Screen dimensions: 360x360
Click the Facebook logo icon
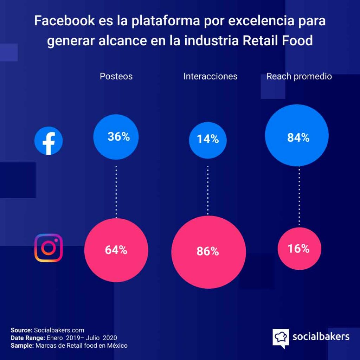click(x=49, y=141)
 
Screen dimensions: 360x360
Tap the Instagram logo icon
click(x=49, y=248)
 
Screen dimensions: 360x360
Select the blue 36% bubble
click(x=116, y=137)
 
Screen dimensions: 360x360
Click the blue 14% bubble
click(x=208, y=140)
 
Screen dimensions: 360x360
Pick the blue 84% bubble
click(x=297, y=135)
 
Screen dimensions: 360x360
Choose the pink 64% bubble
click(x=116, y=250)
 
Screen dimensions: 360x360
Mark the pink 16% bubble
click(x=299, y=249)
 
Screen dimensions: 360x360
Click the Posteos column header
click(x=116, y=76)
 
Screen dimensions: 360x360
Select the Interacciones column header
click(x=210, y=76)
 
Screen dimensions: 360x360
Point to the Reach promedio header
click(x=299, y=76)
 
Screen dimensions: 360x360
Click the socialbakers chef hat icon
click(x=281, y=337)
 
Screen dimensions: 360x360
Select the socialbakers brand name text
click(x=321, y=336)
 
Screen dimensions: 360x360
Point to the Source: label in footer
click(x=21, y=330)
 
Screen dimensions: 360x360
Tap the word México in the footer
click(x=117, y=346)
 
